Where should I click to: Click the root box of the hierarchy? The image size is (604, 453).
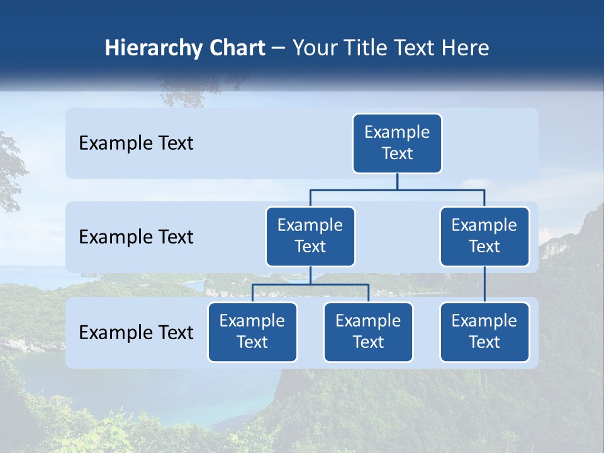[397, 143]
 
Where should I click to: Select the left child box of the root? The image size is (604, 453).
[310, 236]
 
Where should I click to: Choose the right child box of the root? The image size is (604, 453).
[484, 236]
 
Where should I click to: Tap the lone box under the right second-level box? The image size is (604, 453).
[484, 332]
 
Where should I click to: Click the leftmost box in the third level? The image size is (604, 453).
[252, 332]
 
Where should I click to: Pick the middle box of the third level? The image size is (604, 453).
[368, 332]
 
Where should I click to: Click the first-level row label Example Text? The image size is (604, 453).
[136, 143]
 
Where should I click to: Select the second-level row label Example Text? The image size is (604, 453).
[136, 237]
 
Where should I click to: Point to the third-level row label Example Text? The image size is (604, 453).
[136, 333]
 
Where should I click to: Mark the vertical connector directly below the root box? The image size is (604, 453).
[397, 181]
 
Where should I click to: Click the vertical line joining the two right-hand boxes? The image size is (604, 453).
[484, 284]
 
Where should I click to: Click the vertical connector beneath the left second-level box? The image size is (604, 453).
[310, 275]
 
